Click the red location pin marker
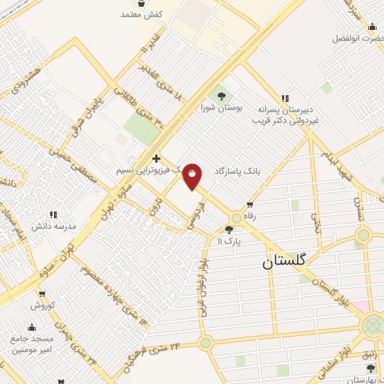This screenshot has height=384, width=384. pos(193,175)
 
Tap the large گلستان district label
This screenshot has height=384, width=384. pos(285,262)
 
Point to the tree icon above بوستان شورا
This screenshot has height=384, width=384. pos(221,95)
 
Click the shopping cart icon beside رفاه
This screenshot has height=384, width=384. pos(250,204)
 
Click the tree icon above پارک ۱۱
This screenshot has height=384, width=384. pos(229,229)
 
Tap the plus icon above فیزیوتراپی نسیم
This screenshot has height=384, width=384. pos(156,158)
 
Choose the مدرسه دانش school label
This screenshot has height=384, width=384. pos(51,226)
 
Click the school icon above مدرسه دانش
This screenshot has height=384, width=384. pos(52,214)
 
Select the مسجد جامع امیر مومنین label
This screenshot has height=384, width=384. pos(31,344)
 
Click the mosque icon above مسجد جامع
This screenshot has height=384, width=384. pos(31,328)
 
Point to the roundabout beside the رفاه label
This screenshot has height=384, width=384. pos(236,217)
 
